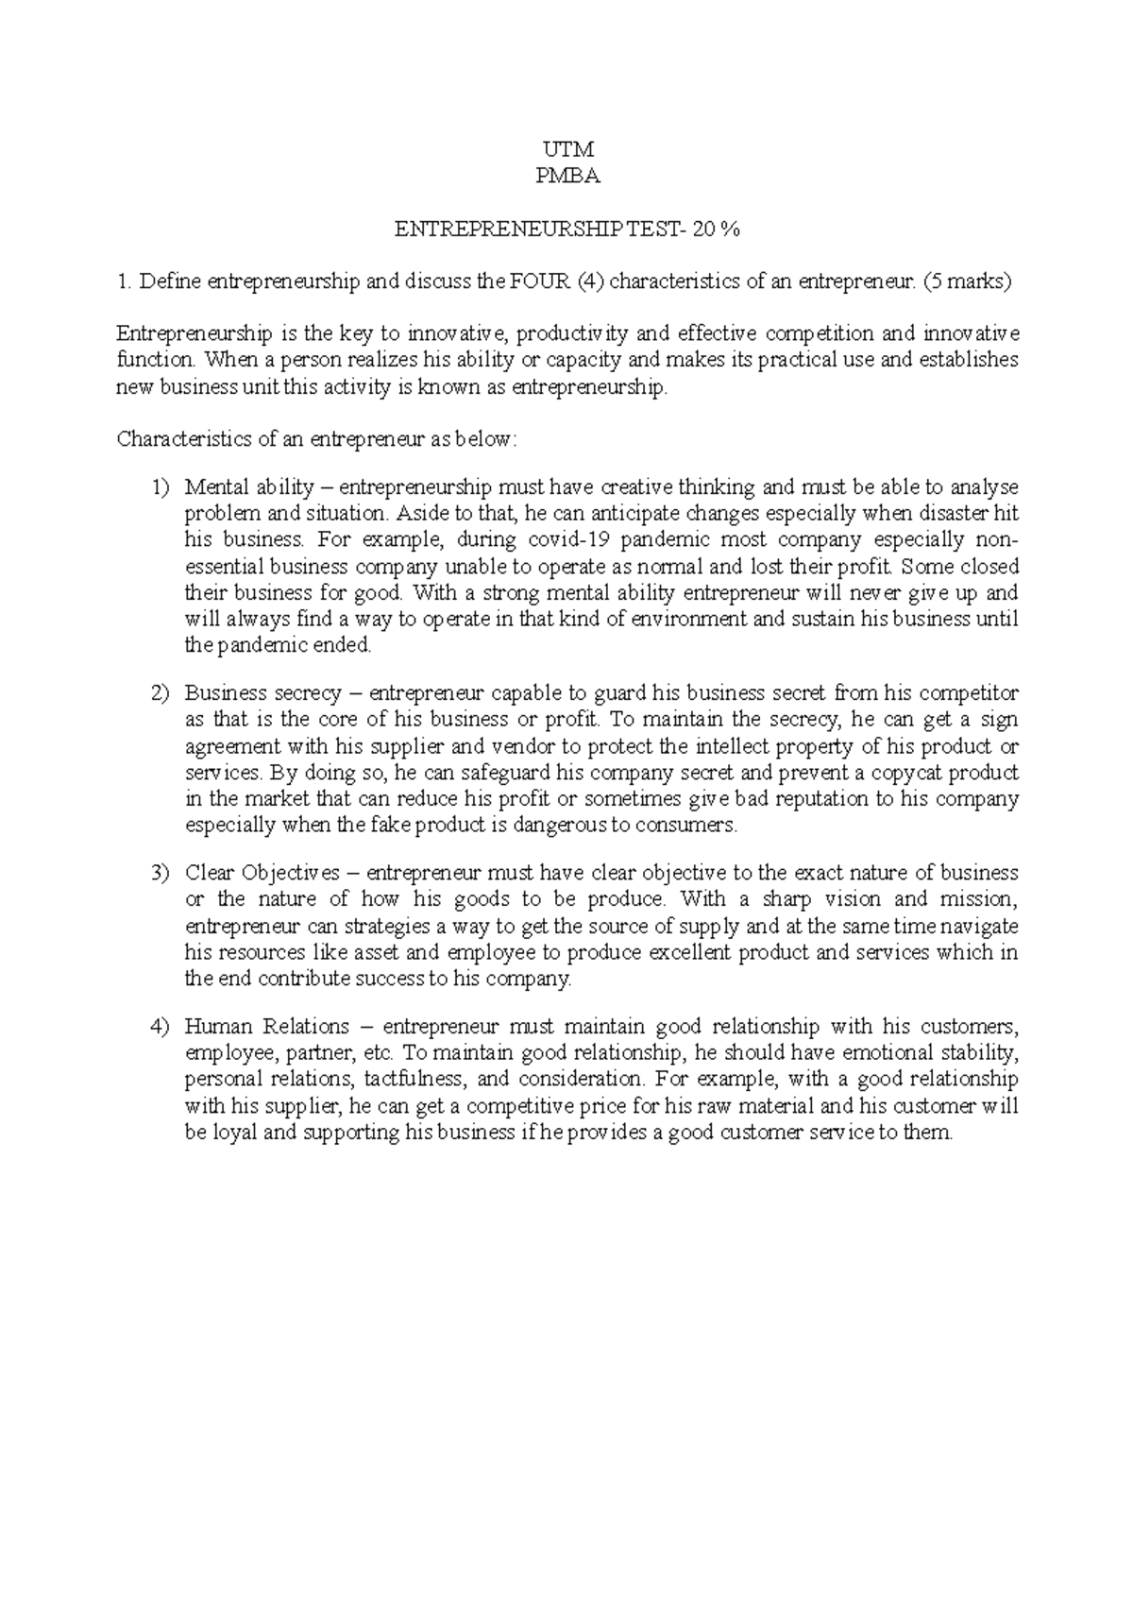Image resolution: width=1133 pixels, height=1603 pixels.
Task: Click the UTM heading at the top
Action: pos(566,149)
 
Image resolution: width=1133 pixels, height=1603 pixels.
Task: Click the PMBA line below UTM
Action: pos(566,176)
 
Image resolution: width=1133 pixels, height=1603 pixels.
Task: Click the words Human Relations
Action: pos(267,1027)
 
